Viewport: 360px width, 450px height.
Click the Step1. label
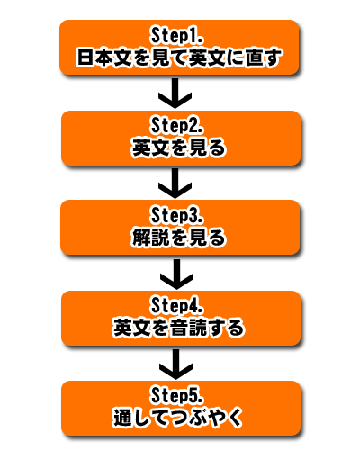tap(176, 36)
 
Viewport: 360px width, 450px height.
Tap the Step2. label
tap(176, 126)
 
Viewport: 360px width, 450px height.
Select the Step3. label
tap(176, 215)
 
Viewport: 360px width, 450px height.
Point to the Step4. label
tap(176, 305)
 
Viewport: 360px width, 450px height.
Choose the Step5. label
tap(176, 395)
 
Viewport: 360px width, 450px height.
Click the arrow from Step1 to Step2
tap(175, 93)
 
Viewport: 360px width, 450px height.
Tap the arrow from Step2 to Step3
tap(175, 183)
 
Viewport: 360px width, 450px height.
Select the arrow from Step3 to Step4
tap(176, 274)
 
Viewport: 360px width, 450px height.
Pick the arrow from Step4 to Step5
tap(176, 364)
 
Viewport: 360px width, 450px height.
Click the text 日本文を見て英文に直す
tap(179, 58)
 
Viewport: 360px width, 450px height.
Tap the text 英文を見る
tap(178, 148)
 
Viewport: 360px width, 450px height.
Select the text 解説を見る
tap(178, 238)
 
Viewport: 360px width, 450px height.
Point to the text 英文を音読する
tap(178, 328)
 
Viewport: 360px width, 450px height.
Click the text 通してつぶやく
tap(178, 418)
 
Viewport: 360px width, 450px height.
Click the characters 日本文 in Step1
tap(104, 58)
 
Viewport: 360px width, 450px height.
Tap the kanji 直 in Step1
tap(255, 58)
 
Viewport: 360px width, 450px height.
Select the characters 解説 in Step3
tap(150, 238)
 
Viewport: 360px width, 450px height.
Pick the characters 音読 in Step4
tap(189, 328)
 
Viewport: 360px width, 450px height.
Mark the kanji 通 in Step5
tap(122, 418)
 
